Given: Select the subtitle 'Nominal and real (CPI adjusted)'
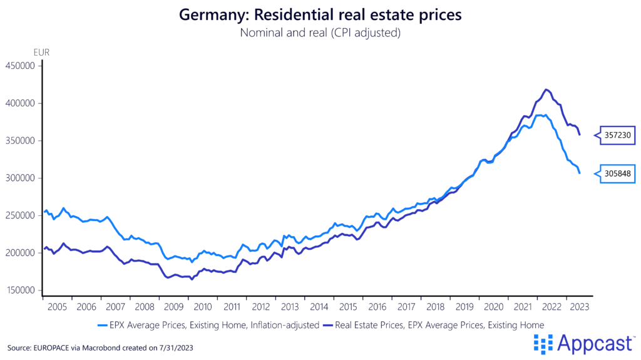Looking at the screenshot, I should [320, 33].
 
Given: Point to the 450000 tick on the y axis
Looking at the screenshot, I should [21, 65].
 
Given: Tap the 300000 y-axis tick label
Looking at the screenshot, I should [21, 178].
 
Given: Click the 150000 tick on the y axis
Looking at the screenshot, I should [21, 291].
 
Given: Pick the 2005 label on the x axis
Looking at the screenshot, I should [57, 307].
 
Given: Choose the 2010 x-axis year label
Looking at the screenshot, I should [203, 307].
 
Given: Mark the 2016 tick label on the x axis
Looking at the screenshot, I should [377, 307].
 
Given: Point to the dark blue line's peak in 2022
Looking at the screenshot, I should [546, 90].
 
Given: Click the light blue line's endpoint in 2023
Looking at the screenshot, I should [579, 173].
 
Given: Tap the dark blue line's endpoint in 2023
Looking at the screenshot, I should [579, 135].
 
